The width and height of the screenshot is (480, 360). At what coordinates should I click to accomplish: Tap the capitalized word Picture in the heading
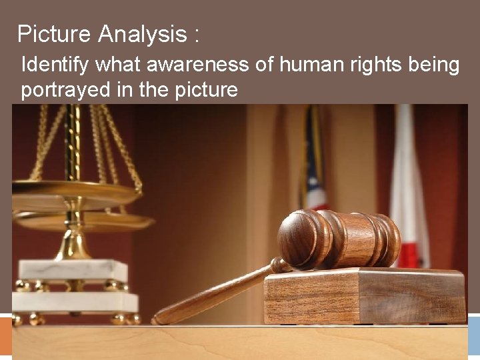coord(55,34)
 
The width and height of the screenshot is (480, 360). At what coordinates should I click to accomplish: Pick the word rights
coord(367,66)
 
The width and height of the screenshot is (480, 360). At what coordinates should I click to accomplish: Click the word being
coord(433,66)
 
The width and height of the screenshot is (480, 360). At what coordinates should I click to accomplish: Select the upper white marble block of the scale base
coord(73,270)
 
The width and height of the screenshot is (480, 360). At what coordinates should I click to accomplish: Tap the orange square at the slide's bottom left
coord(6,336)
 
